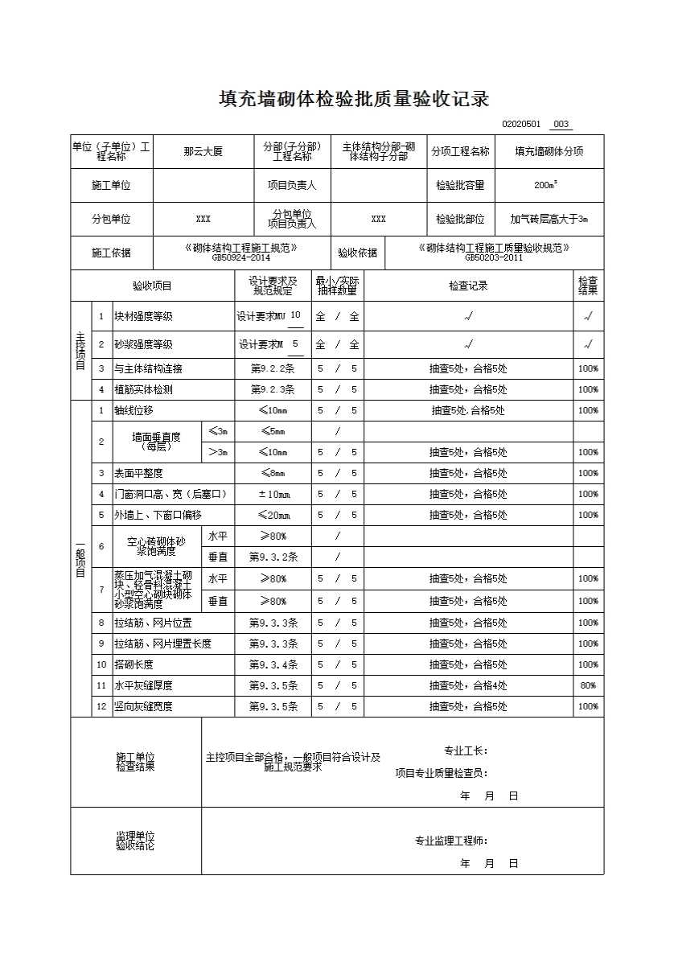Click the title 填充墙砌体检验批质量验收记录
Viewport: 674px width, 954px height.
coord(354,100)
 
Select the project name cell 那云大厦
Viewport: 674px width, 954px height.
coord(203,151)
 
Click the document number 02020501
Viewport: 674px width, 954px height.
coord(523,125)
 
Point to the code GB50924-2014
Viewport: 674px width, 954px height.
coord(240,258)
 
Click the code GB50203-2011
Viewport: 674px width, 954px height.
coord(493,258)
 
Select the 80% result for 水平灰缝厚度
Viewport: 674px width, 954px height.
coord(588,685)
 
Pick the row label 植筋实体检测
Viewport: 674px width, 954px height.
coord(143,389)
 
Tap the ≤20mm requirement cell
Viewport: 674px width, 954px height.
coord(273,515)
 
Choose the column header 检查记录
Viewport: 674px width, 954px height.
coord(468,286)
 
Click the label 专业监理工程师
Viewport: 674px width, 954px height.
coord(450,841)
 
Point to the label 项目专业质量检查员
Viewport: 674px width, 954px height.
coord(441,773)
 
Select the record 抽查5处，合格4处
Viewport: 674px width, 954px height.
coord(468,685)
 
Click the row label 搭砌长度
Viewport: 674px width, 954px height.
coord(134,664)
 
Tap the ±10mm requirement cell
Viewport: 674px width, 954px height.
coord(273,494)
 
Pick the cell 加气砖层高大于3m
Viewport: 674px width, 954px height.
coord(549,219)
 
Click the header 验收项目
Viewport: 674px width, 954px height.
coord(152,286)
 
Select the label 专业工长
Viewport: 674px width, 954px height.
coord(466,750)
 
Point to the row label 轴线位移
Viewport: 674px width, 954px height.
coord(134,410)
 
